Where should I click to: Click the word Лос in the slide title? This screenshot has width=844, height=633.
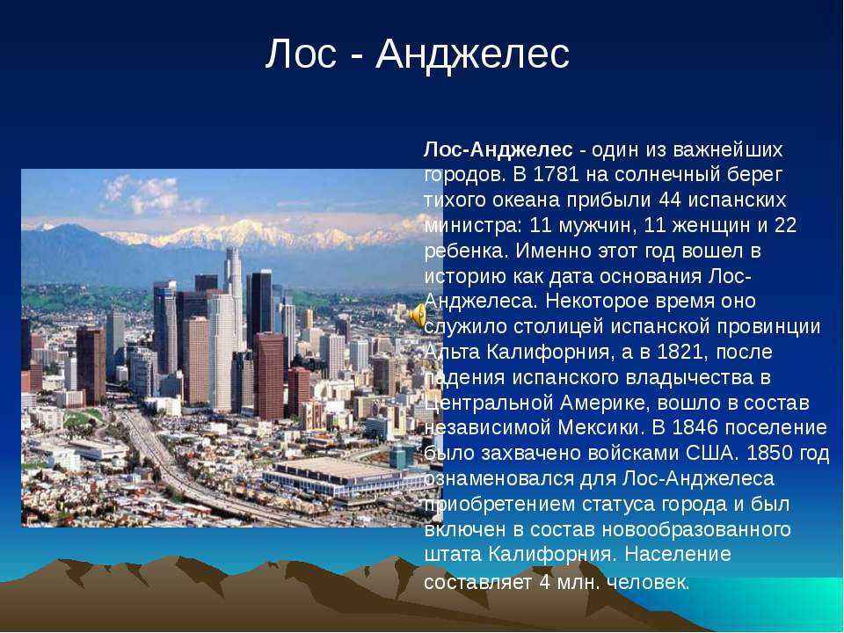(301, 54)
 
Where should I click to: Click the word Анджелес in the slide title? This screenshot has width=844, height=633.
(473, 55)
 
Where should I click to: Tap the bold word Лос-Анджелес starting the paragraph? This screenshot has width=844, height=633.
(498, 149)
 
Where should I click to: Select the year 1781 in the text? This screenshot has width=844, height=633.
(557, 174)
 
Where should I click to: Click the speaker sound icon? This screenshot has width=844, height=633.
(418, 316)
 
